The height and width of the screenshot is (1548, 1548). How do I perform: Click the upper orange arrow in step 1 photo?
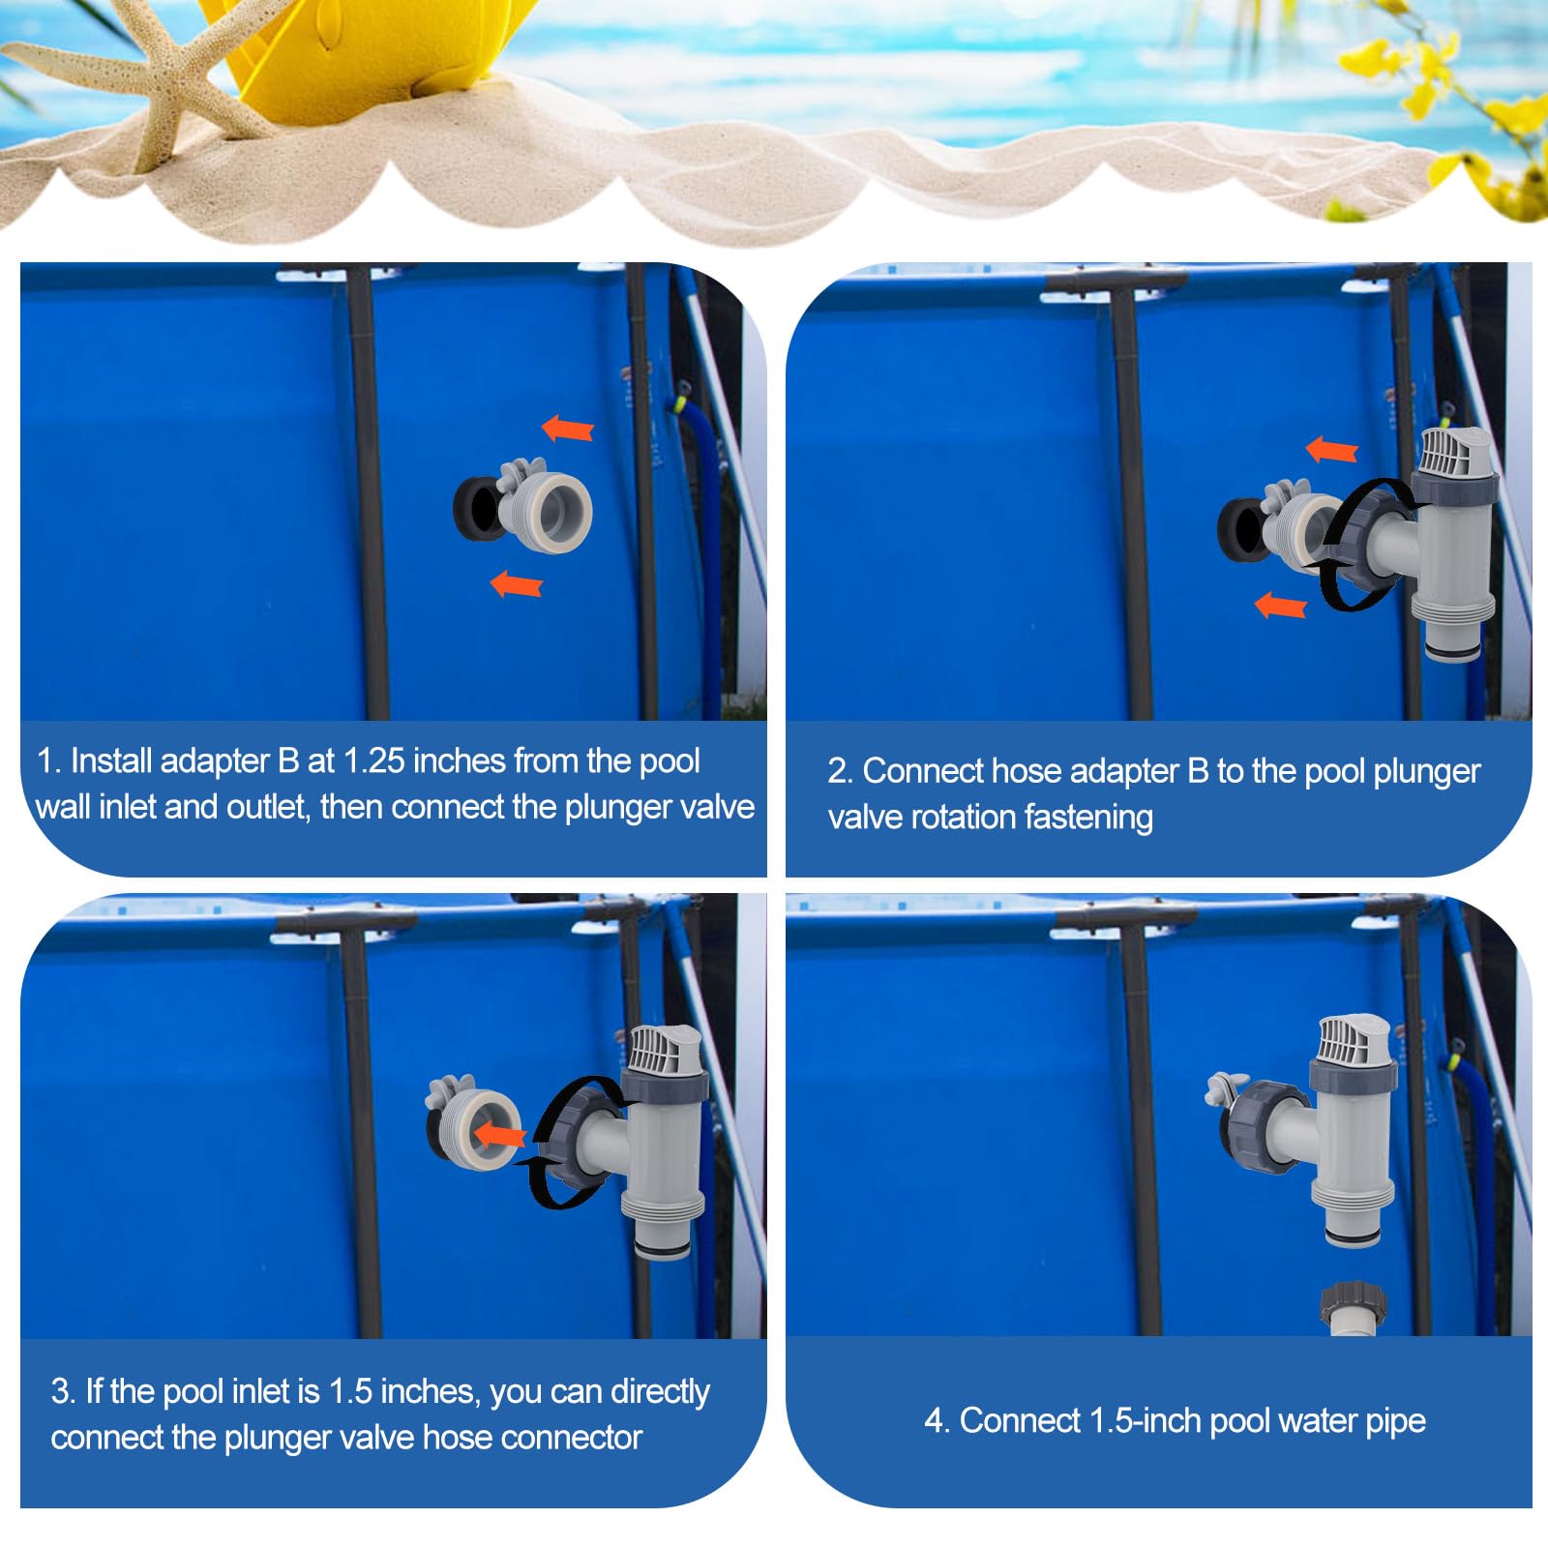pyautogui.click(x=568, y=428)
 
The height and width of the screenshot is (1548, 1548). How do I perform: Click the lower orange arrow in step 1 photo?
pyautogui.click(x=517, y=583)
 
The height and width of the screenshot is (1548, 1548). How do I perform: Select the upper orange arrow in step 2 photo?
pyautogui.click(x=1332, y=449)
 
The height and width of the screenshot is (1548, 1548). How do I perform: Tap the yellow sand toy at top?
pyautogui.click(x=319, y=58)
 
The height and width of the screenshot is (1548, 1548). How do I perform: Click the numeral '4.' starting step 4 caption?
pyautogui.click(x=936, y=1420)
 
